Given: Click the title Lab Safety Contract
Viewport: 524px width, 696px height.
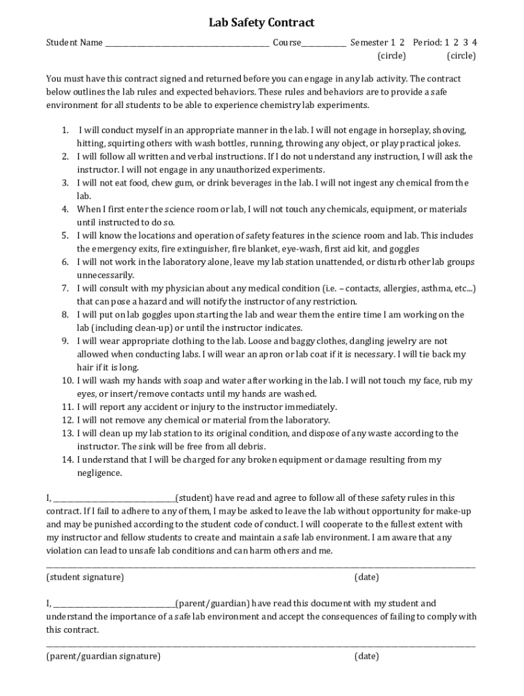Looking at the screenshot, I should pyautogui.click(x=261, y=23).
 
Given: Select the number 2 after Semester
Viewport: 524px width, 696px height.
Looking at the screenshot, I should pyautogui.click(x=402, y=42).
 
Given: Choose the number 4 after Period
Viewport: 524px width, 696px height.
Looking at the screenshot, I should pyautogui.click(x=474, y=42).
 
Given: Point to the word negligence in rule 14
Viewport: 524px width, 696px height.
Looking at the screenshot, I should pyautogui.click(x=99, y=473).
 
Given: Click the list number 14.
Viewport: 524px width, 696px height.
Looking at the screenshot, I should pyautogui.click(x=66, y=460).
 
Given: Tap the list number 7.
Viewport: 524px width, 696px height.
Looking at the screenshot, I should pyautogui.click(x=65, y=288).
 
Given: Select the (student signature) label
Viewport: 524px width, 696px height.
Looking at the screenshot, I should pyautogui.click(x=85, y=577).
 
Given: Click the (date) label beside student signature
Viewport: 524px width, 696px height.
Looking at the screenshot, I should pyautogui.click(x=366, y=577).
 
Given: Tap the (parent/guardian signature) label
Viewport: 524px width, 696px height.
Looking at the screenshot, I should pyautogui.click(x=103, y=656).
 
